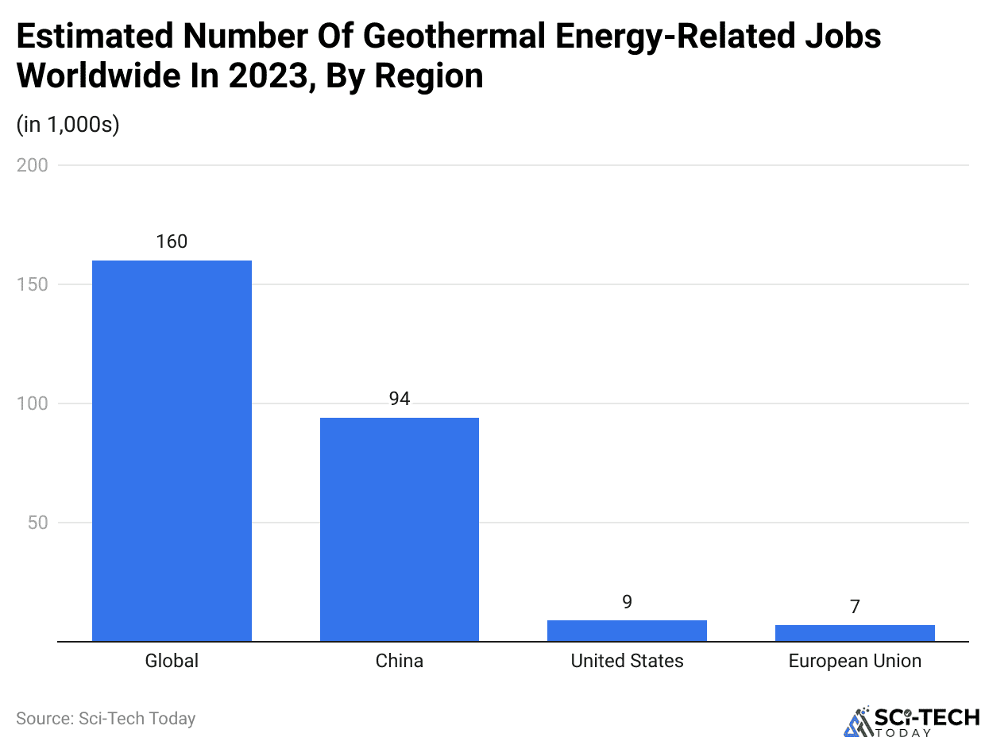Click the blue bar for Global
coord(172,450)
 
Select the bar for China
coord(400,529)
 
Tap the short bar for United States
coord(627,631)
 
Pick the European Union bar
coord(855,633)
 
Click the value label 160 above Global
coord(172,241)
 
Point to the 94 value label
coord(400,399)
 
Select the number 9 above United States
coord(627,602)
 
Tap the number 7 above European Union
coord(855,607)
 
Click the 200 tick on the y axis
coord(33,165)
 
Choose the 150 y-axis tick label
coord(33,284)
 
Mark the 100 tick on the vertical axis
coord(33,403)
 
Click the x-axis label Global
coord(172,661)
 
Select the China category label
coord(400,661)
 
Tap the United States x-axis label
coord(627,661)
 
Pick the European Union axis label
coord(855,661)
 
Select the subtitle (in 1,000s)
coord(68,125)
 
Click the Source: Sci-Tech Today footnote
coord(106,719)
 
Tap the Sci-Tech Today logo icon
coord(857,721)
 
